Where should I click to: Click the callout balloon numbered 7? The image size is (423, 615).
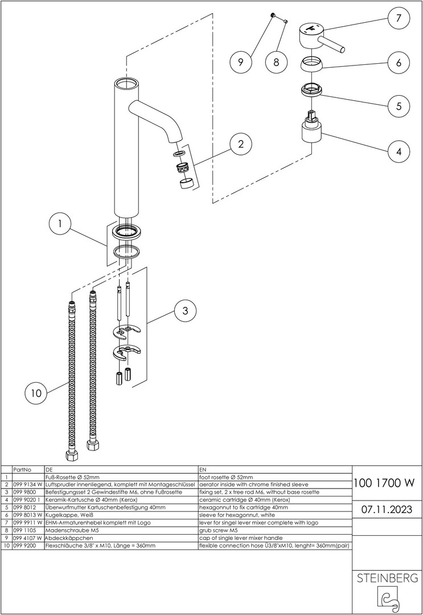click(x=399, y=18)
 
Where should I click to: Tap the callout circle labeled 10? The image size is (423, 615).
click(x=36, y=393)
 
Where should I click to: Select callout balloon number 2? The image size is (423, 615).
click(x=241, y=144)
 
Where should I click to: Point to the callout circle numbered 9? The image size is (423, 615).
click(x=240, y=62)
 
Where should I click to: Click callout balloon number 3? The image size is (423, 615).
click(x=184, y=311)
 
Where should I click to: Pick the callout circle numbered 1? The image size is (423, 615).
click(x=60, y=224)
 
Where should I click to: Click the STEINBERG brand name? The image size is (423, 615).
click(x=387, y=579)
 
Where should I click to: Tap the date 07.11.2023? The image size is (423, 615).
click(x=387, y=509)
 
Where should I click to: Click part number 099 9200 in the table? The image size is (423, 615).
click(x=23, y=546)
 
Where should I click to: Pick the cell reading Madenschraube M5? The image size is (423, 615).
click(x=69, y=530)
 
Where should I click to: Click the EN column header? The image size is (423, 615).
click(x=203, y=469)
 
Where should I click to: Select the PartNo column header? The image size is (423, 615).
click(x=21, y=469)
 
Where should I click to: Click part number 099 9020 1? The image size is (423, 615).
click(x=26, y=499)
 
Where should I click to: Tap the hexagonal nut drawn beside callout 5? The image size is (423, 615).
click(x=311, y=91)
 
